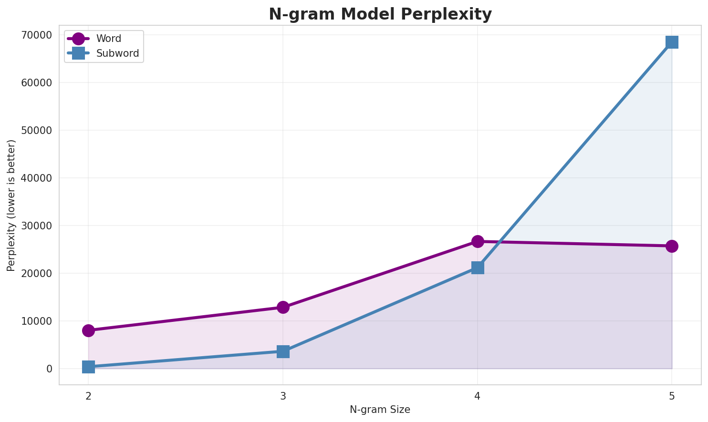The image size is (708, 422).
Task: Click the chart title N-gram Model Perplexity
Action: tap(380, 14)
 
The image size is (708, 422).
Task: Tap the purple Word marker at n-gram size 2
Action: tap(88, 330)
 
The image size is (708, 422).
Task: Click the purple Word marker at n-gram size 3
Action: tap(283, 307)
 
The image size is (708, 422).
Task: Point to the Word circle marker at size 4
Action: tap(478, 241)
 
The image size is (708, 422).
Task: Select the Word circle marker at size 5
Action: tap(672, 246)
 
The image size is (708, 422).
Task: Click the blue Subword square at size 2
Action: tap(88, 367)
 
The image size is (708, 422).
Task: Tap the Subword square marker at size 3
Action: tap(283, 352)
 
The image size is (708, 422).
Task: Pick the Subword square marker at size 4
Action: tap(478, 268)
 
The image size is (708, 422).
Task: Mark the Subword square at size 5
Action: tap(672, 42)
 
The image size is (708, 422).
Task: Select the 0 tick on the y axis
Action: tap(50, 369)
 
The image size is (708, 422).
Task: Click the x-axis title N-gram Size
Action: tap(380, 410)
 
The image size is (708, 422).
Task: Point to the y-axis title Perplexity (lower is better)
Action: tap(11, 206)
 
